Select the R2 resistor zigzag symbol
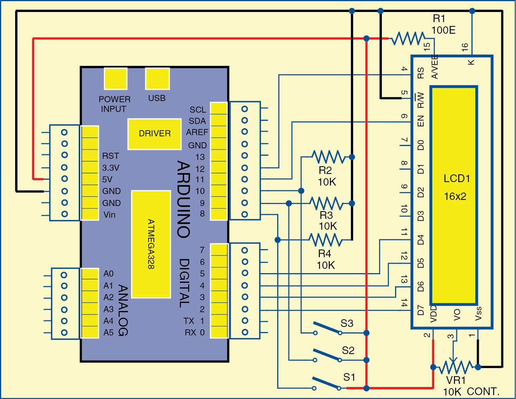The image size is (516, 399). point(328,157)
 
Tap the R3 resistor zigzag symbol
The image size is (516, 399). point(326,203)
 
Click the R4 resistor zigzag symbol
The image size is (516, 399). point(326,240)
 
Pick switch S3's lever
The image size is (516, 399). point(327,328)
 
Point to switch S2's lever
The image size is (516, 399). point(327,355)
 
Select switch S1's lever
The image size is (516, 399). point(326,382)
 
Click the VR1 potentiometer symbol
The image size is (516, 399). point(456,366)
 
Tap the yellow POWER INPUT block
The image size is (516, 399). point(116,79)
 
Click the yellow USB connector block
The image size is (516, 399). point(157,79)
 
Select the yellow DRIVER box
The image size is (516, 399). point(154,134)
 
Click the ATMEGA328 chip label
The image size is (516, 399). point(151,244)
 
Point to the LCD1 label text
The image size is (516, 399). point(457,179)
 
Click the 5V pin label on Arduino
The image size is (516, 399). point(107,179)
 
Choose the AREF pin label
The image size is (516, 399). point(197,132)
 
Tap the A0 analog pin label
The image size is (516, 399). point(109,274)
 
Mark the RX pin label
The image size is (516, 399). point(190,333)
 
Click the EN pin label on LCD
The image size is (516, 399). point(421,121)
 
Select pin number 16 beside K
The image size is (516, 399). point(465,47)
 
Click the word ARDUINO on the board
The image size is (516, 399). point(184,199)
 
